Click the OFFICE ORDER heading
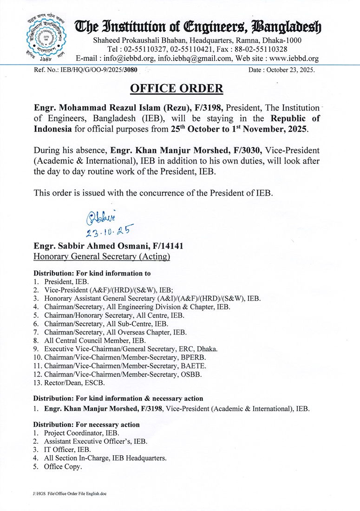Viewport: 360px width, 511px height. [177, 88]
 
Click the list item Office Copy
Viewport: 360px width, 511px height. [63, 467]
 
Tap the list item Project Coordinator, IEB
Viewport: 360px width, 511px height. [78, 433]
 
